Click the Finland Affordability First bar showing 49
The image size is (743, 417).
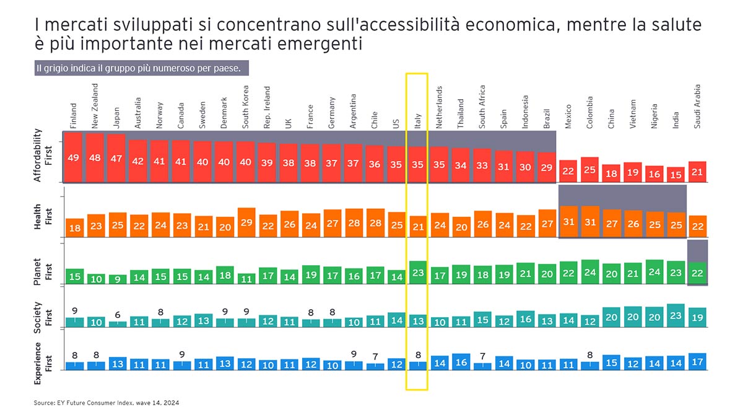[74, 157]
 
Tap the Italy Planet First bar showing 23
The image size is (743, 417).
[419, 273]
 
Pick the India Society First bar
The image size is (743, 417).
[676, 315]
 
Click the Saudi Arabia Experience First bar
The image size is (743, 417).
[697, 361]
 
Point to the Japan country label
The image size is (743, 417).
[116, 118]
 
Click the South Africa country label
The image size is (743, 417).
[482, 107]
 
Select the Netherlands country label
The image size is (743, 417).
[440, 107]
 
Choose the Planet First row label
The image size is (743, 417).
[40, 270]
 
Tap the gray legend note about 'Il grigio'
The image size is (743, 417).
[142, 68]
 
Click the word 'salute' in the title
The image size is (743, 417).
[676, 25]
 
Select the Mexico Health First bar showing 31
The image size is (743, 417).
[568, 221]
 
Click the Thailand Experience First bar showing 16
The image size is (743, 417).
[461, 362]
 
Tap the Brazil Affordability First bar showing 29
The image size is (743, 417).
[547, 167]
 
